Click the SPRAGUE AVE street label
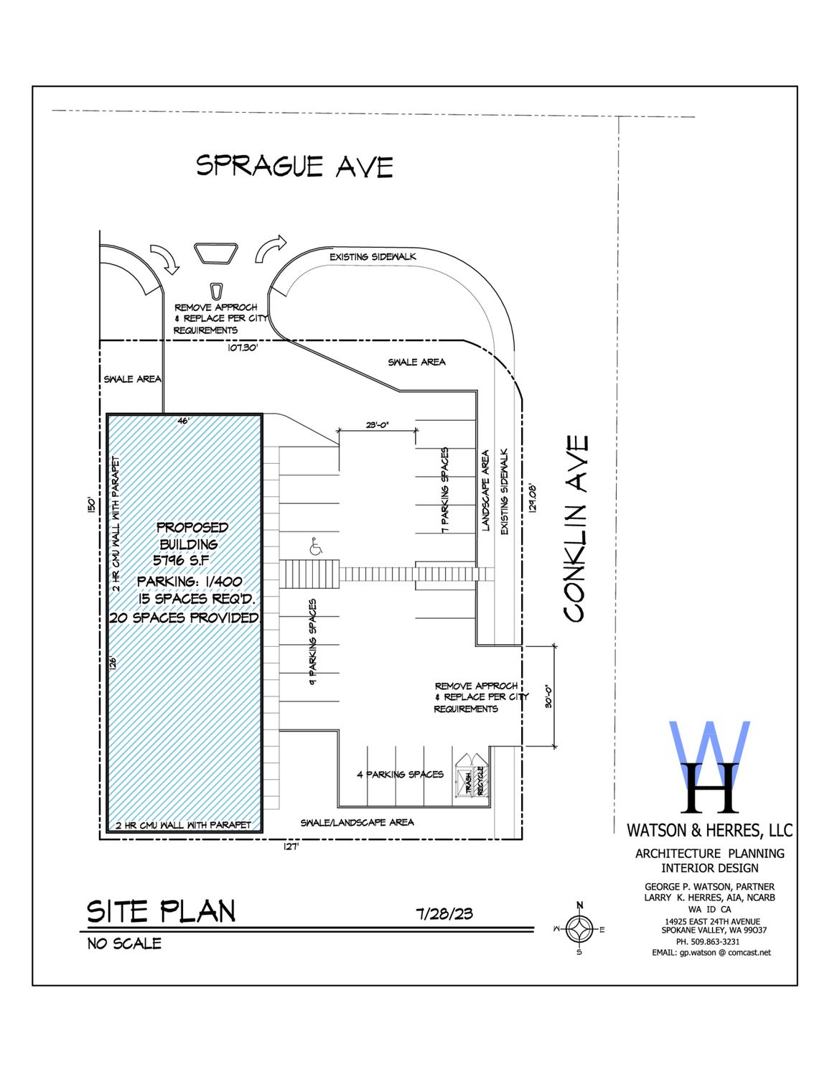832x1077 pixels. pos(295,166)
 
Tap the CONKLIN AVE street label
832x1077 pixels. pos(577,528)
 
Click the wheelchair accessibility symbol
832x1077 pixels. pos(315,546)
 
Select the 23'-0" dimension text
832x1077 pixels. pos(378,424)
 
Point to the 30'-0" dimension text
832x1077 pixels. pos(548,696)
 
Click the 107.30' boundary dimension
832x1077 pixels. pos(243,348)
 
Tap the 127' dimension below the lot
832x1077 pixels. pos(291,847)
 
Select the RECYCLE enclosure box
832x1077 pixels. pos(480,781)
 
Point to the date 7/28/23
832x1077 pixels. pos(445,914)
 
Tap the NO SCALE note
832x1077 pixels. pos(124,943)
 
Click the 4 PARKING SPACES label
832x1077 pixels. pos(401,774)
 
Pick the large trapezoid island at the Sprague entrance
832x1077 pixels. pos(216,253)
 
